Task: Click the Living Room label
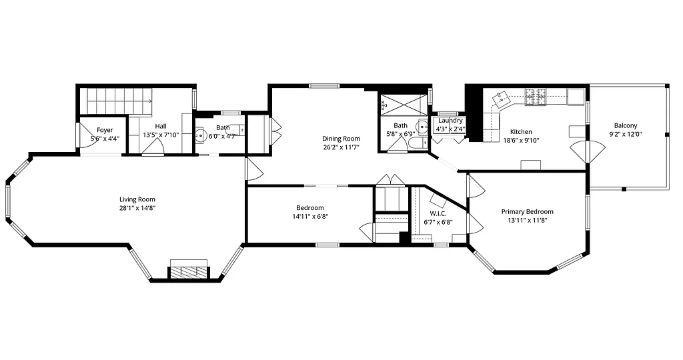click(x=137, y=199)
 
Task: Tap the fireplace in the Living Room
click(x=189, y=271)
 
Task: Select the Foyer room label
click(x=105, y=130)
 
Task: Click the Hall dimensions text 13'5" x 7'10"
click(x=161, y=135)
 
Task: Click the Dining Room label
click(x=341, y=139)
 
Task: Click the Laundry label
click(x=450, y=121)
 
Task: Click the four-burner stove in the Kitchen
click(x=535, y=97)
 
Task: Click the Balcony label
click(x=626, y=125)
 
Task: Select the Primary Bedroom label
click(x=527, y=212)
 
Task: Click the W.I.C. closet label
click(x=438, y=213)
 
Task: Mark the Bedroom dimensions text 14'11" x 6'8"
click(x=310, y=216)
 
